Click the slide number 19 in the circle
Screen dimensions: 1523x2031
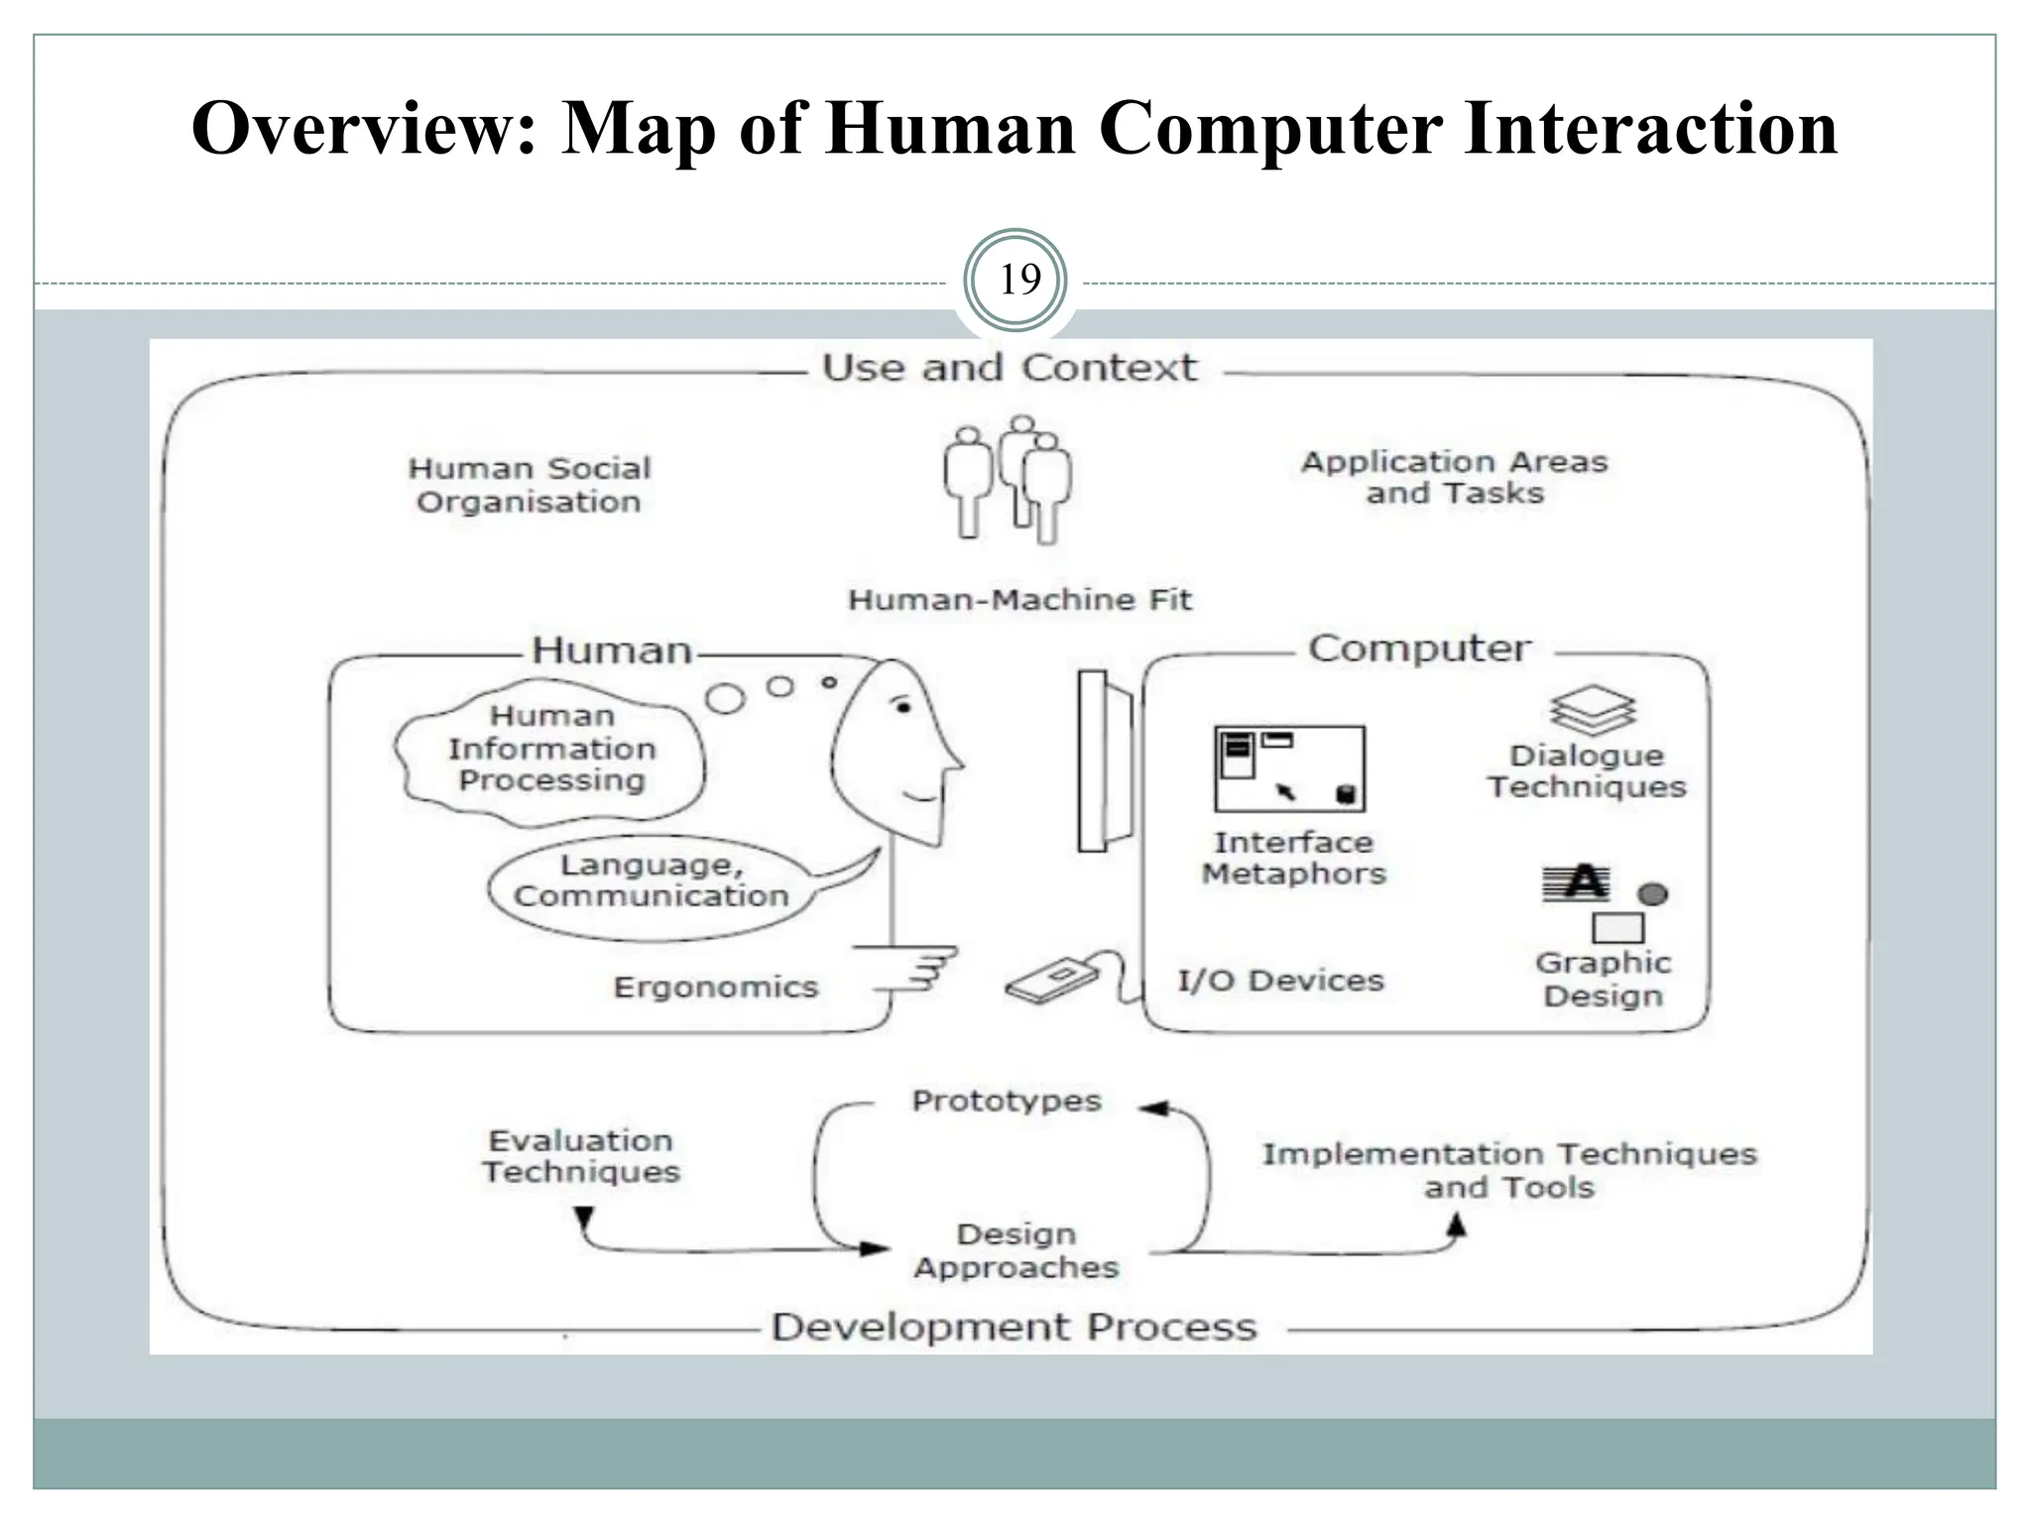coord(1018,280)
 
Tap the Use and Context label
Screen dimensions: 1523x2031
coord(1010,368)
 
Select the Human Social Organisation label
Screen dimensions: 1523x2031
coord(529,485)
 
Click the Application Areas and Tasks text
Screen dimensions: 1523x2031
coord(1454,477)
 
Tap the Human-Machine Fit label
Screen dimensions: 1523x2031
coord(1019,600)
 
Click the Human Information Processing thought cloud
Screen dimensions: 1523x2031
coord(551,749)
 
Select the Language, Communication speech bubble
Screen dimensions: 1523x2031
coord(651,880)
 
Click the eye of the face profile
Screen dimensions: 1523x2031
coord(902,707)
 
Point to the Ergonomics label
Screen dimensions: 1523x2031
coord(716,988)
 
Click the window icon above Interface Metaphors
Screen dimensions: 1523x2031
coord(1288,768)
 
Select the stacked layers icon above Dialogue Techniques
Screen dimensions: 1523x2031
coord(1593,710)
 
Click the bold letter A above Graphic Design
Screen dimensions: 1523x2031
coord(1584,881)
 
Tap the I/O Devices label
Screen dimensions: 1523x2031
coord(1280,981)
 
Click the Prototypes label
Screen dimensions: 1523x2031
coord(1007,1101)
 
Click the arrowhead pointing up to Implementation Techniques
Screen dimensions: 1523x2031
coord(1456,1227)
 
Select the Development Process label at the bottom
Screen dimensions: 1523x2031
coord(1014,1327)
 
